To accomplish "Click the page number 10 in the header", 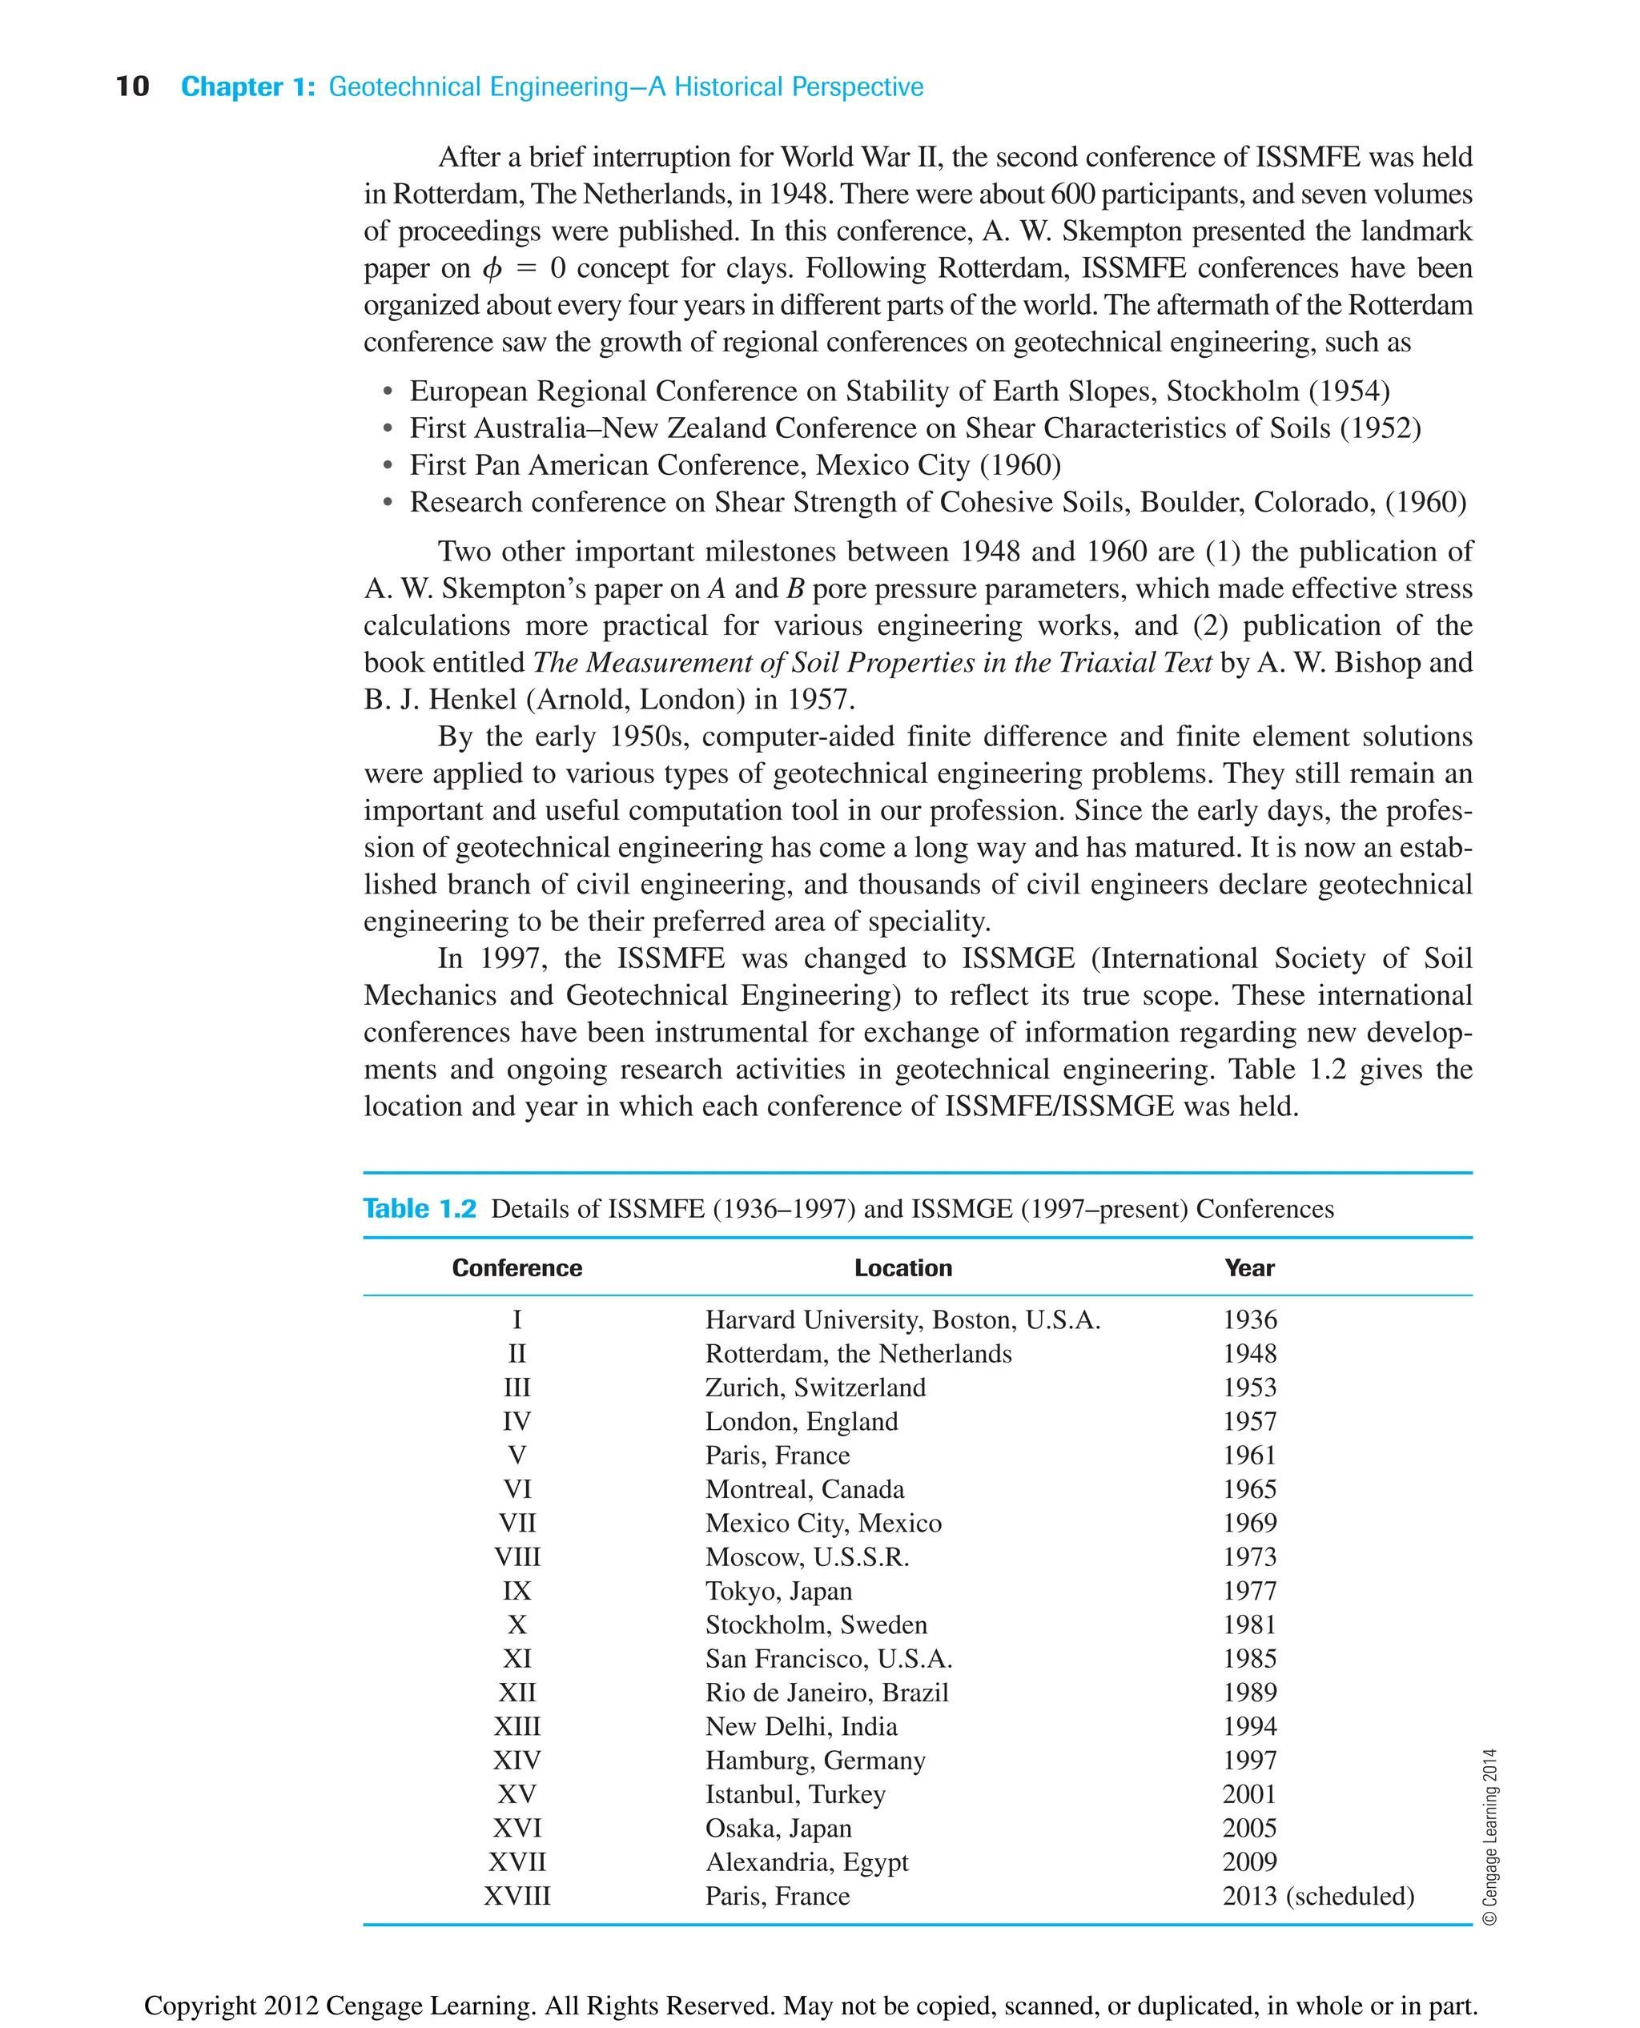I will pos(132,87).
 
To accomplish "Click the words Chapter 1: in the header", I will pos(247,87).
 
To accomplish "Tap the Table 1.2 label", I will pos(420,1209).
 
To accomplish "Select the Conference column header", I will pos(517,1267).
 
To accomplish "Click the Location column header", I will pos(902,1267).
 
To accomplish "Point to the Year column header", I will pos(1249,1267).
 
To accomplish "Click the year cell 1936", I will pos(1249,1319).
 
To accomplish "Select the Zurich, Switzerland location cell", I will pos(814,1387).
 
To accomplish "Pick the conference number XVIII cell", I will pos(517,1896).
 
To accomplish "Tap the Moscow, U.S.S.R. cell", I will pos(806,1556).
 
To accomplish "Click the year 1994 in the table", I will pos(1249,1725).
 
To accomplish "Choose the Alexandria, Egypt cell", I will pos(806,1861).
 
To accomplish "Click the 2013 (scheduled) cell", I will pos(1318,1896).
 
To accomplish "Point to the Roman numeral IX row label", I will pos(517,1591).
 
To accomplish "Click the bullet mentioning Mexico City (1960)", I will pos(735,464).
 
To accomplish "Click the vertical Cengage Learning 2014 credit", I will pos(1489,1837).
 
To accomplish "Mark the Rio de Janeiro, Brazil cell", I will pos(826,1692).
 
